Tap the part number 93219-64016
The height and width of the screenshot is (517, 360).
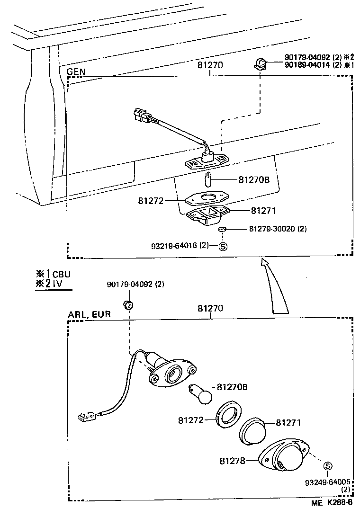[173, 245]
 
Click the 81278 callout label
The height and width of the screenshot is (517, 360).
[232, 460]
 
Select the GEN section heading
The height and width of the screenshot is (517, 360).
[76, 71]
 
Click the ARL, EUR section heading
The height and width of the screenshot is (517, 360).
[89, 314]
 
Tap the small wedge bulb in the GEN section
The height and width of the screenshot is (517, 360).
[208, 179]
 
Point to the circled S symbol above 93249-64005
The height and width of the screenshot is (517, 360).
[327, 466]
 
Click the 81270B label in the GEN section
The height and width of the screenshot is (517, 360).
[254, 179]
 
